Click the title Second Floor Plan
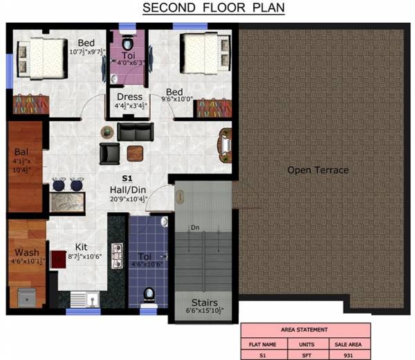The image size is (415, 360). coord(213,9)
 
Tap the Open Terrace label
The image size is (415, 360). coord(317,170)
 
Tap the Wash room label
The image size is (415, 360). coord(26,252)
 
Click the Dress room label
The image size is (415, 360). coord(129,97)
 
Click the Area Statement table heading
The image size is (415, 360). coord(305,330)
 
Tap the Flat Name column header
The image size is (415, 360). coord(257,343)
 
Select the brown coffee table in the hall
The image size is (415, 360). coord(135,152)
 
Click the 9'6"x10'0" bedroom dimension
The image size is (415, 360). coord(174,98)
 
